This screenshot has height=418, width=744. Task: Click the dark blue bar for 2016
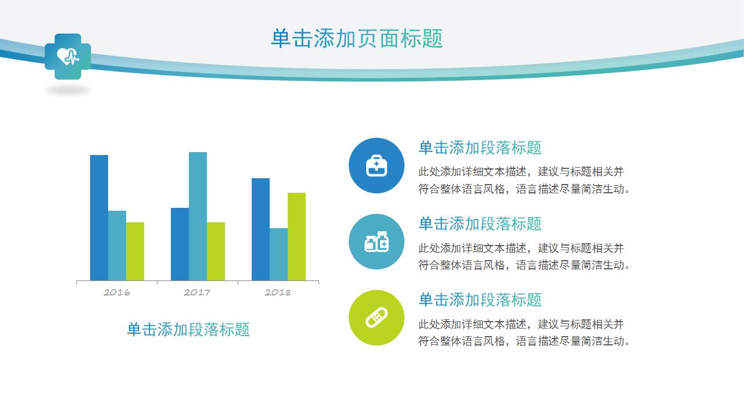coord(99,218)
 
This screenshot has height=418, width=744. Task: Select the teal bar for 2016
coord(117,246)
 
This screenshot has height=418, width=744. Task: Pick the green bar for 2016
coord(135,251)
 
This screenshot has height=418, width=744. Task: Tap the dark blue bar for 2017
coord(180,244)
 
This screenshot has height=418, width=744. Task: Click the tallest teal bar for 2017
coord(198,217)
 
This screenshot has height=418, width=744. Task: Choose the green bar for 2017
coord(216,251)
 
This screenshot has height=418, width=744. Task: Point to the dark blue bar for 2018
coord(261,229)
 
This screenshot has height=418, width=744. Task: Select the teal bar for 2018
coord(278,254)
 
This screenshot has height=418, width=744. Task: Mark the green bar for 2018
coord(296,236)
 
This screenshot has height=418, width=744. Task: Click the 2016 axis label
coord(117,292)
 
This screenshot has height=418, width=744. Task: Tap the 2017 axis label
coord(197,292)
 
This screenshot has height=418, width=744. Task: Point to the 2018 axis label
coord(278,292)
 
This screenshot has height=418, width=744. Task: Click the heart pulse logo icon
coord(68,56)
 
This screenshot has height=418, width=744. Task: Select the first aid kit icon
coord(376,165)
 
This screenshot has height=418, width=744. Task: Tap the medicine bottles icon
coord(376,242)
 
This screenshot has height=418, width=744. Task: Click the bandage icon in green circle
coord(376,318)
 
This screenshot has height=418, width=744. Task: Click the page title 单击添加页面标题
coord(357,38)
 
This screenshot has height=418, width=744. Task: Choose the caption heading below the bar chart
coord(188,329)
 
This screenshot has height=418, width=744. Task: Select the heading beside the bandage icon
coord(480,300)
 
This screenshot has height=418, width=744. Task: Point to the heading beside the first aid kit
coord(480,147)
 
